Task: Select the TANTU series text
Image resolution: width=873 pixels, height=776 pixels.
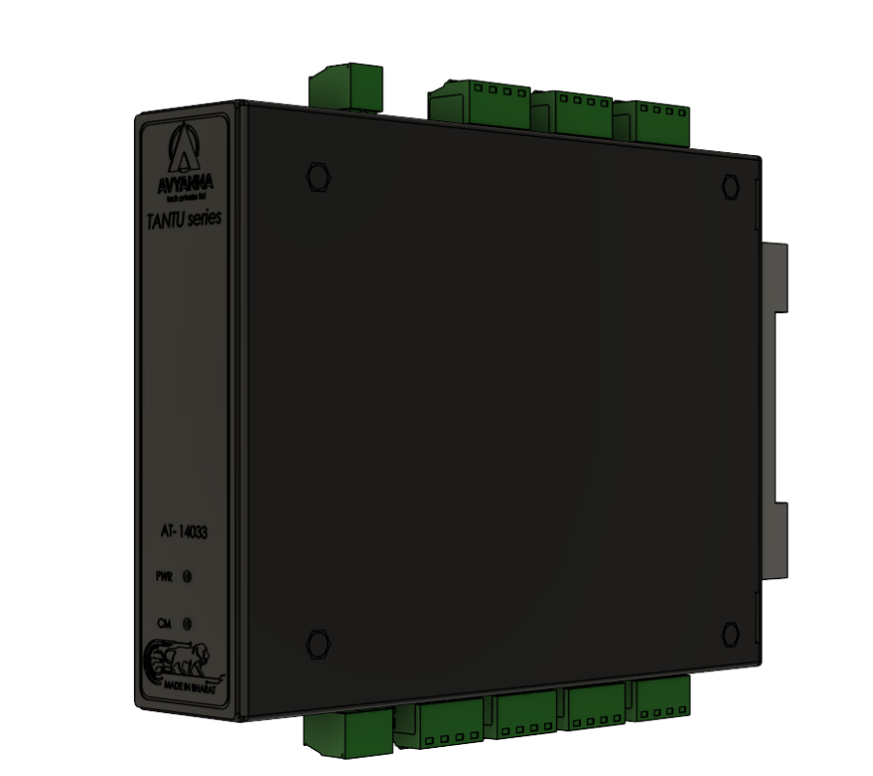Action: [184, 219]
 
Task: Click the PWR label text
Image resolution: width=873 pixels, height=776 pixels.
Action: [165, 576]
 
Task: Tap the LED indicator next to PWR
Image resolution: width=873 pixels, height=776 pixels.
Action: [187, 576]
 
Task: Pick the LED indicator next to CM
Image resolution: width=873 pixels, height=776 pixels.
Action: [187, 624]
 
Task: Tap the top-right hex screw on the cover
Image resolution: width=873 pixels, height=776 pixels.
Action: [730, 184]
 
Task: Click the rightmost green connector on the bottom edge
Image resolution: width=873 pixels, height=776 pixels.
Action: [663, 698]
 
